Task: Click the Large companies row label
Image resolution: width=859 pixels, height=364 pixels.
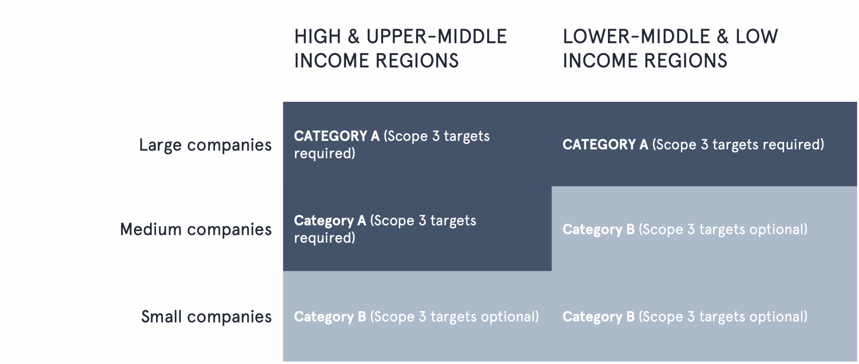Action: [x=205, y=146]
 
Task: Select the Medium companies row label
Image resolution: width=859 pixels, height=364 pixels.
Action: [x=196, y=230]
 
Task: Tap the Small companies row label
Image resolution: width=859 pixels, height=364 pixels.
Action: [x=206, y=317]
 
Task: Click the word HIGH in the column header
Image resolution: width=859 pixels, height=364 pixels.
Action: [x=317, y=37]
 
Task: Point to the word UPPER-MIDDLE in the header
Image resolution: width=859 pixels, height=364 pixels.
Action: [x=437, y=37]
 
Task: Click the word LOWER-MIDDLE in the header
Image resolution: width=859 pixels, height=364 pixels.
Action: [x=637, y=37]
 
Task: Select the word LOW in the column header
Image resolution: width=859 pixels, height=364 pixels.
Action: [x=757, y=37]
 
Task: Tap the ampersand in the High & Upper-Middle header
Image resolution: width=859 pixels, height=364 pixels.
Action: [x=354, y=37]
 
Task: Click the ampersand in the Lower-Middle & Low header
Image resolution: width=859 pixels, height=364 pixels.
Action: [x=723, y=37]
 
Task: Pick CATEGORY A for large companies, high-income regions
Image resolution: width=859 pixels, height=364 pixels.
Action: [x=337, y=136]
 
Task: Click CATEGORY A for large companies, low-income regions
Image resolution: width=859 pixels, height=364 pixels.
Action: [x=605, y=145]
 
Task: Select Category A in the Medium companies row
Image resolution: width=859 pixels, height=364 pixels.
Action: [x=330, y=221]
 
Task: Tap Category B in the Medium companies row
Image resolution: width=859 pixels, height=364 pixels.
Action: [x=599, y=230]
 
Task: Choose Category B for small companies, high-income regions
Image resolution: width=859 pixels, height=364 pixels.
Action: [x=330, y=317]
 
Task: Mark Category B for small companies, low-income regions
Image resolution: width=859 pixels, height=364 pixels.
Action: [x=599, y=317]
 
